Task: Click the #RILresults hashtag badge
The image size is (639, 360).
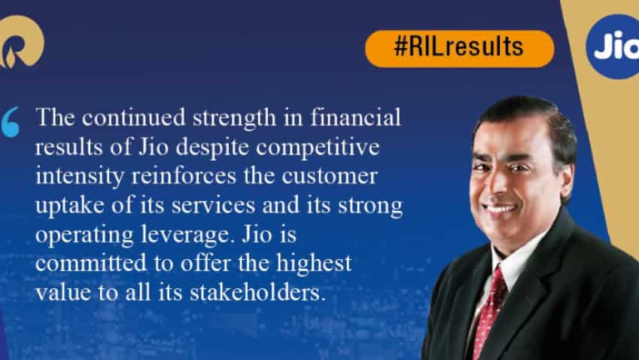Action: click(x=459, y=48)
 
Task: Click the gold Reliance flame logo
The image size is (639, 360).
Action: click(x=21, y=41)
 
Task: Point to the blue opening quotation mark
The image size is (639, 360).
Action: click(x=11, y=121)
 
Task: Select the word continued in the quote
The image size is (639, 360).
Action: click(x=135, y=117)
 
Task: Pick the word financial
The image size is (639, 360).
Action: click(x=356, y=117)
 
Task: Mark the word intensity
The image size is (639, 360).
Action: click(x=80, y=177)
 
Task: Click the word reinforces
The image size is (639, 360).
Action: click(x=184, y=176)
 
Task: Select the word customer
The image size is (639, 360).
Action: click(x=329, y=177)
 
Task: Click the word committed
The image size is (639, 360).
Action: click(x=91, y=264)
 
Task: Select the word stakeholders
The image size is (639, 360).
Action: click(x=258, y=293)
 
